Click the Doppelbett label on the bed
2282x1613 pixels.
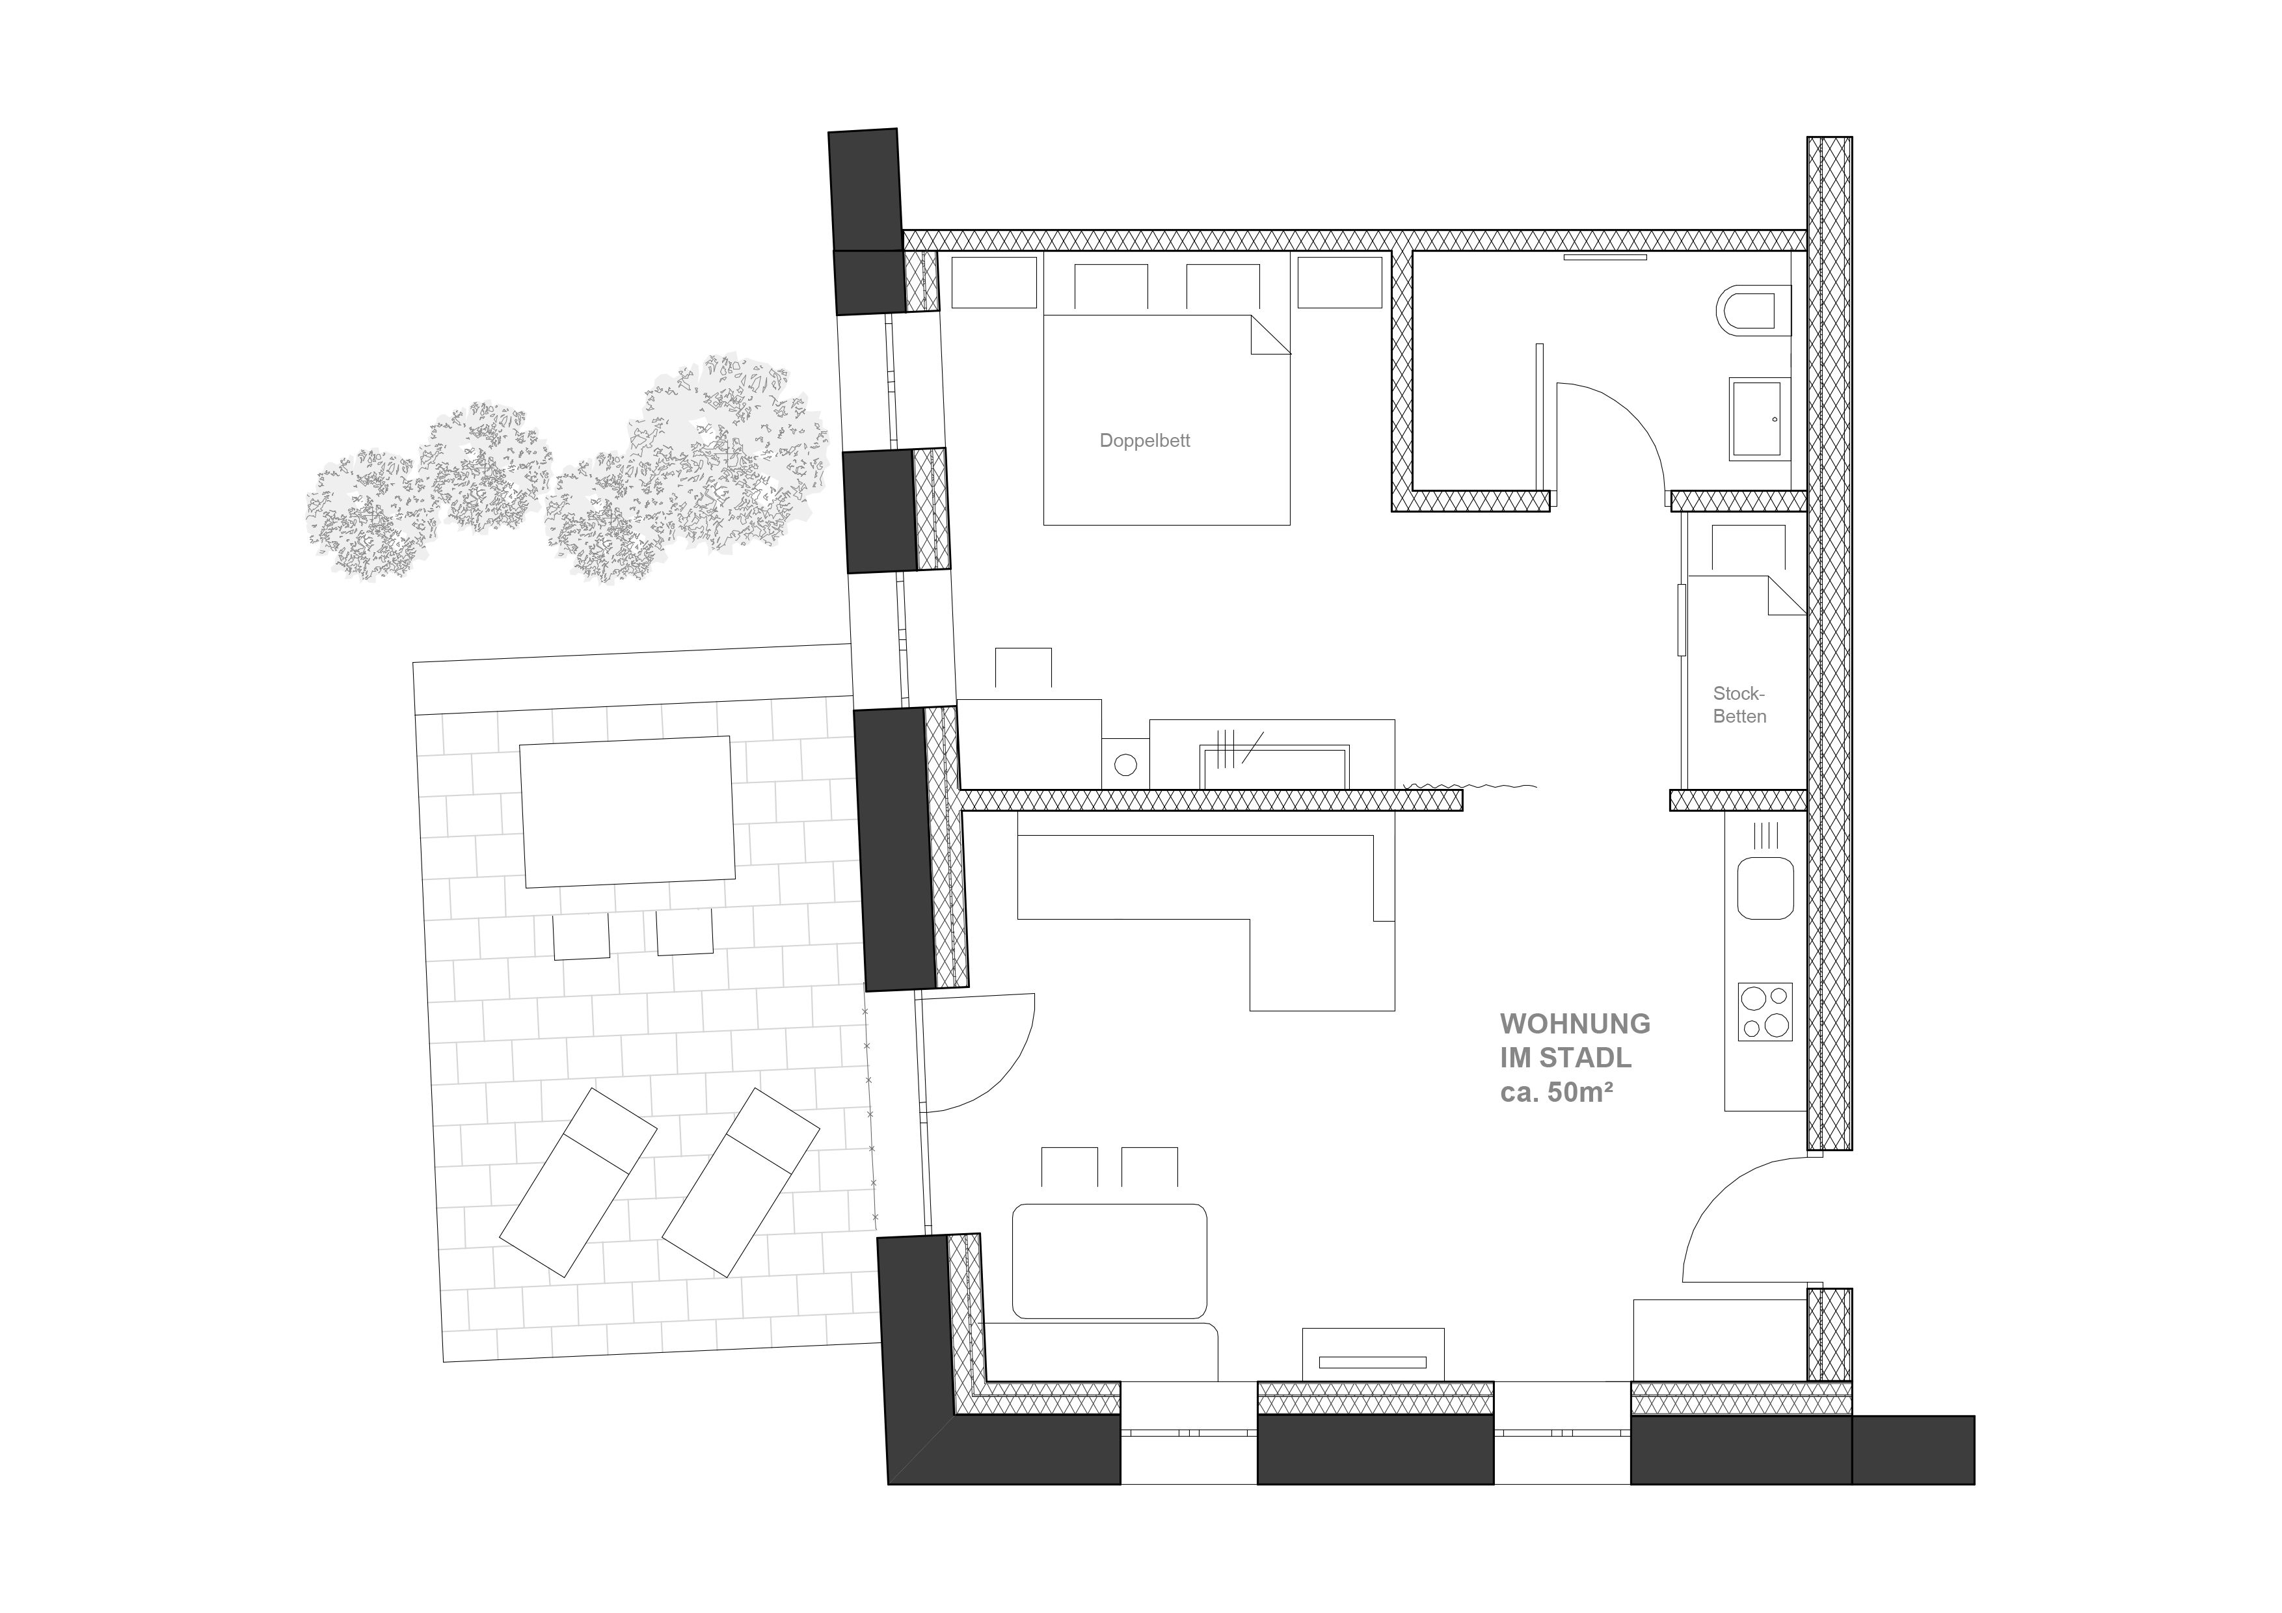(x=1144, y=440)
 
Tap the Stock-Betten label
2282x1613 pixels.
(x=1739, y=704)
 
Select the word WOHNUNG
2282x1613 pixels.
(x=1574, y=1024)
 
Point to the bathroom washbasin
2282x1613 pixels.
(x=1759, y=418)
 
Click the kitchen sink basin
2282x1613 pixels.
(x=1765, y=888)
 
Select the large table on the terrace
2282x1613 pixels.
(x=627, y=811)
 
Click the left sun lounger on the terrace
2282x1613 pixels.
(x=578, y=1182)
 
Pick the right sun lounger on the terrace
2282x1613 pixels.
(x=740, y=1182)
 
